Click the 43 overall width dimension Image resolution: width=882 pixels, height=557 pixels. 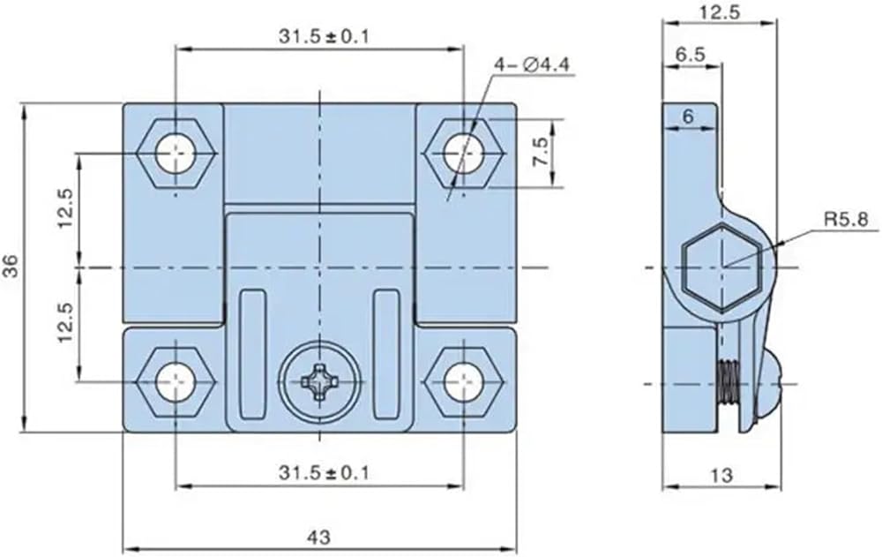coord(319,537)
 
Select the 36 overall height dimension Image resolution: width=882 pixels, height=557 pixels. coord(11,267)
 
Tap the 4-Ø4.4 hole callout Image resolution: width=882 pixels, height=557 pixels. coord(532,65)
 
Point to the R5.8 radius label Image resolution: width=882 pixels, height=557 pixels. coord(846,219)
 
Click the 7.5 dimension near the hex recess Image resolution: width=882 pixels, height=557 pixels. coord(541,152)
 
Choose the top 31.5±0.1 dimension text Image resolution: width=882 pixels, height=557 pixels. coord(324,36)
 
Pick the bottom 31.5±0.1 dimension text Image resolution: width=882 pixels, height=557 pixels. coord(324,472)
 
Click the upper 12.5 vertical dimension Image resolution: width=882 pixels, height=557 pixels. coord(65,207)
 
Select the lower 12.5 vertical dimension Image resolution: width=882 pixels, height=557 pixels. coord(65,323)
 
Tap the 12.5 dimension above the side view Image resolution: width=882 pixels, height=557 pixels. coord(720,11)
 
